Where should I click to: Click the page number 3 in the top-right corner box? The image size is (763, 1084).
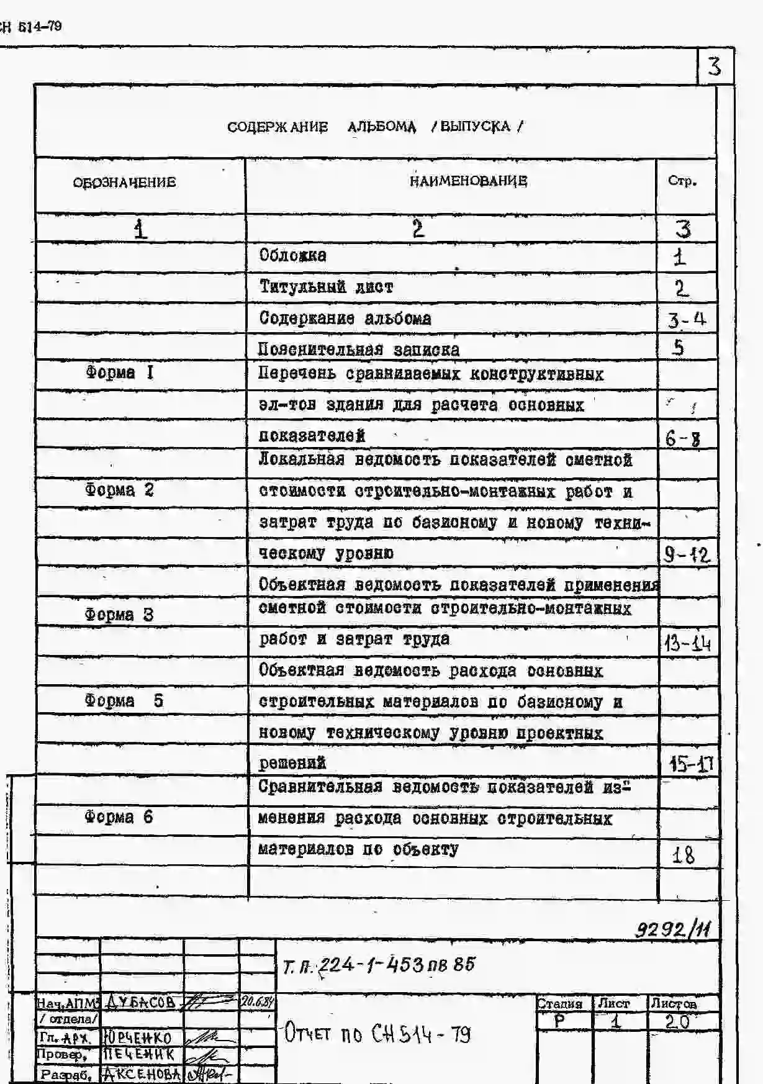point(715,66)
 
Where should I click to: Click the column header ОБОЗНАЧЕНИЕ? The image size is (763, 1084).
point(124,183)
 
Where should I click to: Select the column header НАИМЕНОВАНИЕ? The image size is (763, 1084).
point(468,181)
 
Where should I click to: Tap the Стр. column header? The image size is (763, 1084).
point(682,181)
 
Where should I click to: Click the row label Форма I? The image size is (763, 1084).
point(119,373)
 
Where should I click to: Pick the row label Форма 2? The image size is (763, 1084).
point(119,490)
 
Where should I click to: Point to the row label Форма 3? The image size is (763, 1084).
point(119,615)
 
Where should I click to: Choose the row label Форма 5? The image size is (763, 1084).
point(124,701)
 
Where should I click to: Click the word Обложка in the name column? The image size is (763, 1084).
point(292,255)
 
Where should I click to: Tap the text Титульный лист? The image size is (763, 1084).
point(326,287)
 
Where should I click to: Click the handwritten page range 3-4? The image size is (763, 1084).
point(687,320)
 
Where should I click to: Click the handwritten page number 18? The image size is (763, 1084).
point(684,856)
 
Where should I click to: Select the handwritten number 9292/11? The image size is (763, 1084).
point(673,929)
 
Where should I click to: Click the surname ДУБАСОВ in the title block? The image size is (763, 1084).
point(141,1001)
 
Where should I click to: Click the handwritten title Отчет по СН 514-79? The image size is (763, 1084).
point(377,1034)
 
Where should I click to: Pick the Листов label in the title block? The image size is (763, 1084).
point(674,1003)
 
